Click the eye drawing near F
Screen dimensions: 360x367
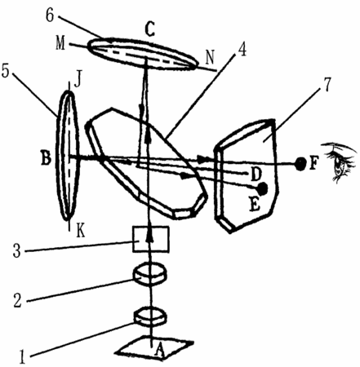click(x=339, y=161)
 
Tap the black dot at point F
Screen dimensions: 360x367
click(x=300, y=164)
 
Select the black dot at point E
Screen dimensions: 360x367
click(x=263, y=188)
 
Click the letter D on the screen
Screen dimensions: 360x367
click(x=256, y=174)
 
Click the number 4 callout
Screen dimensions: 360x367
click(x=242, y=49)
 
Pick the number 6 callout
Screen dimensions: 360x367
click(x=50, y=15)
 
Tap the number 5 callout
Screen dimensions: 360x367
click(x=6, y=71)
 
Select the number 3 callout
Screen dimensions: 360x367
click(x=16, y=251)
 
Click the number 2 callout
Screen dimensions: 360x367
click(x=17, y=301)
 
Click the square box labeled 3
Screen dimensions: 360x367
click(x=150, y=239)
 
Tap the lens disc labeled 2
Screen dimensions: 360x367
click(x=149, y=274)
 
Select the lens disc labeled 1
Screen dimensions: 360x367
click(x=150, y=316)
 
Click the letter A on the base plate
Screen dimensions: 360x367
click(x=160, y=349)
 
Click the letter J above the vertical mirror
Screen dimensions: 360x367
click(x=78, y=81)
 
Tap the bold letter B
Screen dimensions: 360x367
click(x=46, y=159)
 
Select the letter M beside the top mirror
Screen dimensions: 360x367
click(x=60, y=43)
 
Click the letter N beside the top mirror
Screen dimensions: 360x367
click(x=210, y=58)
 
